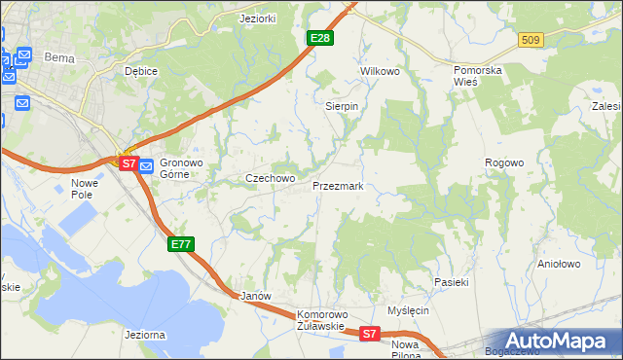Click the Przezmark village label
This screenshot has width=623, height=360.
coord(338,185)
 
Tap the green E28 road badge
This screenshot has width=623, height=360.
coord(320,38)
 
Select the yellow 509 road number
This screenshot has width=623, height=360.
coord(530,40)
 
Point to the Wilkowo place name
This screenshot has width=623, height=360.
coord(381,72)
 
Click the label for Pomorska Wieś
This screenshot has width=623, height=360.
coord(483,77)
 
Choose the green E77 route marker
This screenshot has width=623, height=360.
coord(181,244)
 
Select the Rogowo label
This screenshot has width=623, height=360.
coord(505,162)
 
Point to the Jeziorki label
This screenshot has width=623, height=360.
coord(260,18)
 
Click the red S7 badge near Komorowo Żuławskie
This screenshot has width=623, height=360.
coord(369,334)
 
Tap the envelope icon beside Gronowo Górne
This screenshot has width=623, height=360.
coord(146,165)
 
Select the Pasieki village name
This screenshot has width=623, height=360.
coord(452,282)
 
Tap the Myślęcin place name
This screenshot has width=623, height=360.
coord(408,310)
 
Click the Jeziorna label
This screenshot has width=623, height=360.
coord(144,335)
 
